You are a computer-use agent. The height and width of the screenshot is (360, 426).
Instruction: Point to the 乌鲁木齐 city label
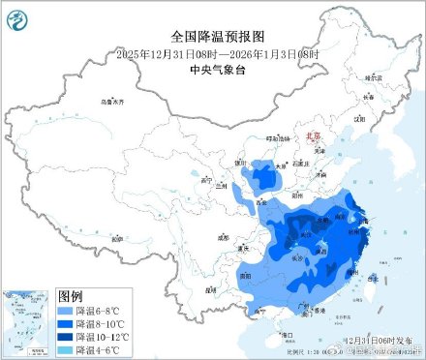click(114, 102)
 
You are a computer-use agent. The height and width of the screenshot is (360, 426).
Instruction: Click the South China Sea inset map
click(27, 319)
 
